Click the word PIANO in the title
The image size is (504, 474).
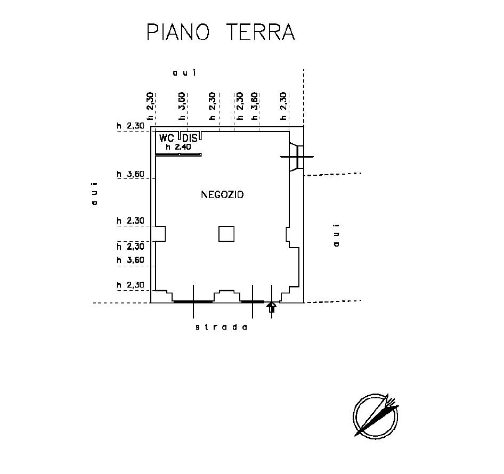pyautogui.click(x=178, y=32)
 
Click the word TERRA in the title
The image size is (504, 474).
pyautogui.click(x=261, y=32)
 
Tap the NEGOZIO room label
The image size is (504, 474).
pyautogui.click(x=222, y=195)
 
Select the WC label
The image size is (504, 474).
pyautogui.click(x=166, y=138)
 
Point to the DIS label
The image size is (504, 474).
pyautogui.click(x=190, y=138)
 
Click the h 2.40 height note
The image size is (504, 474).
pyautogui.click(x=178, y=147)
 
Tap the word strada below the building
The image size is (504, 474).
pyautogui.click(x=222, y=327)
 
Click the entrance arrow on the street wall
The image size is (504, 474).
pyautogui.click(x=272, y=307)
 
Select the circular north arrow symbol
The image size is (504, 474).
pyautogui.click(x=376, y=415)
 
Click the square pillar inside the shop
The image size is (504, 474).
pyautogui.click(x=226, y=234)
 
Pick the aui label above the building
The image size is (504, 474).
pyautogui.click(x=184, y=73)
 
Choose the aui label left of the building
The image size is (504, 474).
pyautogui.click(x=94, y=194)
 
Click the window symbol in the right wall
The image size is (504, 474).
pyautogui.click(x=297, y=157)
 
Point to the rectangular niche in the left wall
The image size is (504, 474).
pyautogui.click(x=160, y=234)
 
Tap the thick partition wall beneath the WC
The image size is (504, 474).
pyautogui.click(x=178, y=154)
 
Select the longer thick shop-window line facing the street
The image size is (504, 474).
pyautogui.click(x=193, y=301)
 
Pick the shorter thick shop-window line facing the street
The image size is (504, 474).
pyautogui.click(x=253, y=301)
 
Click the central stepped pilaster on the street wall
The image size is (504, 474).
pyautogui.click(x=227, y=296)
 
